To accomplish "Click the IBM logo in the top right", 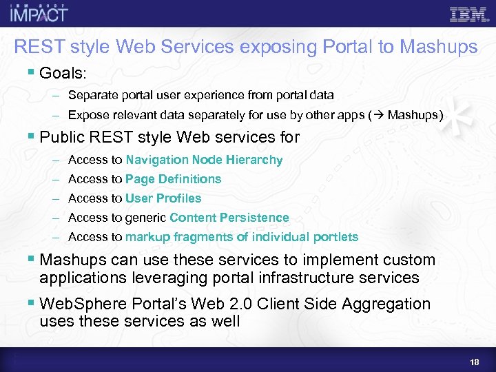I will coord(469,14).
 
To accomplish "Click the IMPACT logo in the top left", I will coord(39,13).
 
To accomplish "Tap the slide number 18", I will coord(475,362).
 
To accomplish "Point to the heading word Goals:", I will coord(64,73).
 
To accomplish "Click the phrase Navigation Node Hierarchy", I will coord(204,160).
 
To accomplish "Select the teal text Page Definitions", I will coord(174,179).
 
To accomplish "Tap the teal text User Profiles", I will coord(163,198).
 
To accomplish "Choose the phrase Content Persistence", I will coord(229,218).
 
